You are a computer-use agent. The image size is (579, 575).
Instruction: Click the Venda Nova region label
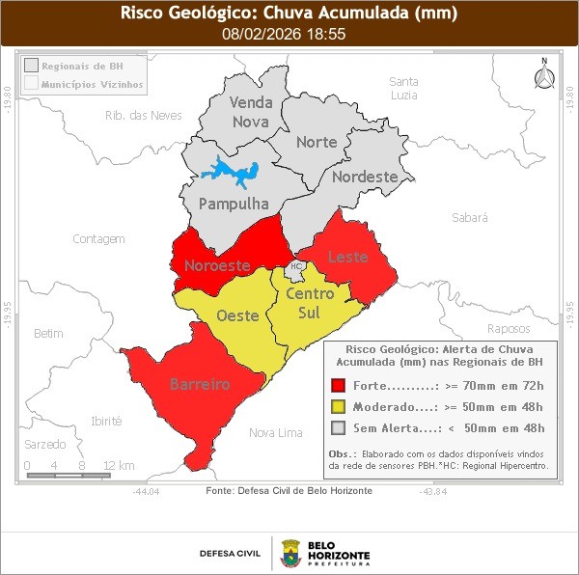pyautogui.click(x=251, y=112)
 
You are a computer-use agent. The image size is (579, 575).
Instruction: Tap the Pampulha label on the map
pyautogui.click(x=233, y=205)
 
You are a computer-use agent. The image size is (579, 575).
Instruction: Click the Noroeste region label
pyautogui.click(x=217, y=265)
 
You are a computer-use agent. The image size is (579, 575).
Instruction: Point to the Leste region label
pyautogui.click(x=347, y=257)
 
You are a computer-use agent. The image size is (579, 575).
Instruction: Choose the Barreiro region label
pyautogui.click(x=200, y=384)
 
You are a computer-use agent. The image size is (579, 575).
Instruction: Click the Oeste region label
pyautogui.click(x=236, y=315)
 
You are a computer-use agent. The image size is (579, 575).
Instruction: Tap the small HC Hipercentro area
pyautogui.click(x=296, y=266)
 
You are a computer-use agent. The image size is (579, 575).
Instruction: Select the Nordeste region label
pyautogui.click(x=365, y=178)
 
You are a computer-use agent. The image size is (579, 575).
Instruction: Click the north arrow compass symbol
pyautogui.click(x=544, y=77)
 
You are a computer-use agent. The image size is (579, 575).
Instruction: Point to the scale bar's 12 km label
pyautogui.click(x=118, y=465)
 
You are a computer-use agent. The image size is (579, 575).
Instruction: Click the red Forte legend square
pyautogui.click(x=338, y=386)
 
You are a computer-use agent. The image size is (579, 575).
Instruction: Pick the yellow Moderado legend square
pyautogui.click(x=338, y=407)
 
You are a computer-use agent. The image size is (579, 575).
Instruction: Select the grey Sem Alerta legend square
pyautogui.click(x=338, y=428)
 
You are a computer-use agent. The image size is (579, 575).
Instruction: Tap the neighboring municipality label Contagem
pyautogui.click(x=99, y=238)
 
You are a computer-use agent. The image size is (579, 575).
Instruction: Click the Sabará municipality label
pyautogui.click(x=469, y=219)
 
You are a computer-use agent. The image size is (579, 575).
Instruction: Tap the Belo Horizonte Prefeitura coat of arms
pyautogui.click(x=290, y=553)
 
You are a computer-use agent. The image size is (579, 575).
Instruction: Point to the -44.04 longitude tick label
pyautogui.click(x=147, y=491)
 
